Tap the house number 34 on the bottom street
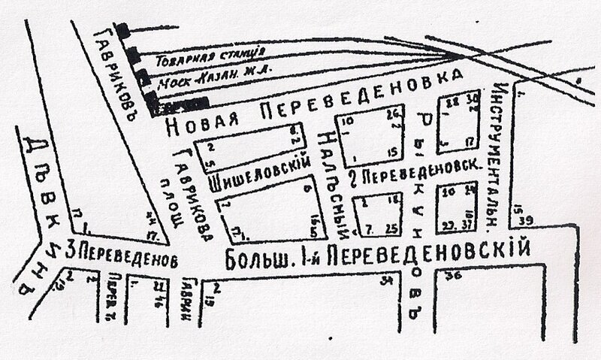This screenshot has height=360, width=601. click(388, 280)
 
